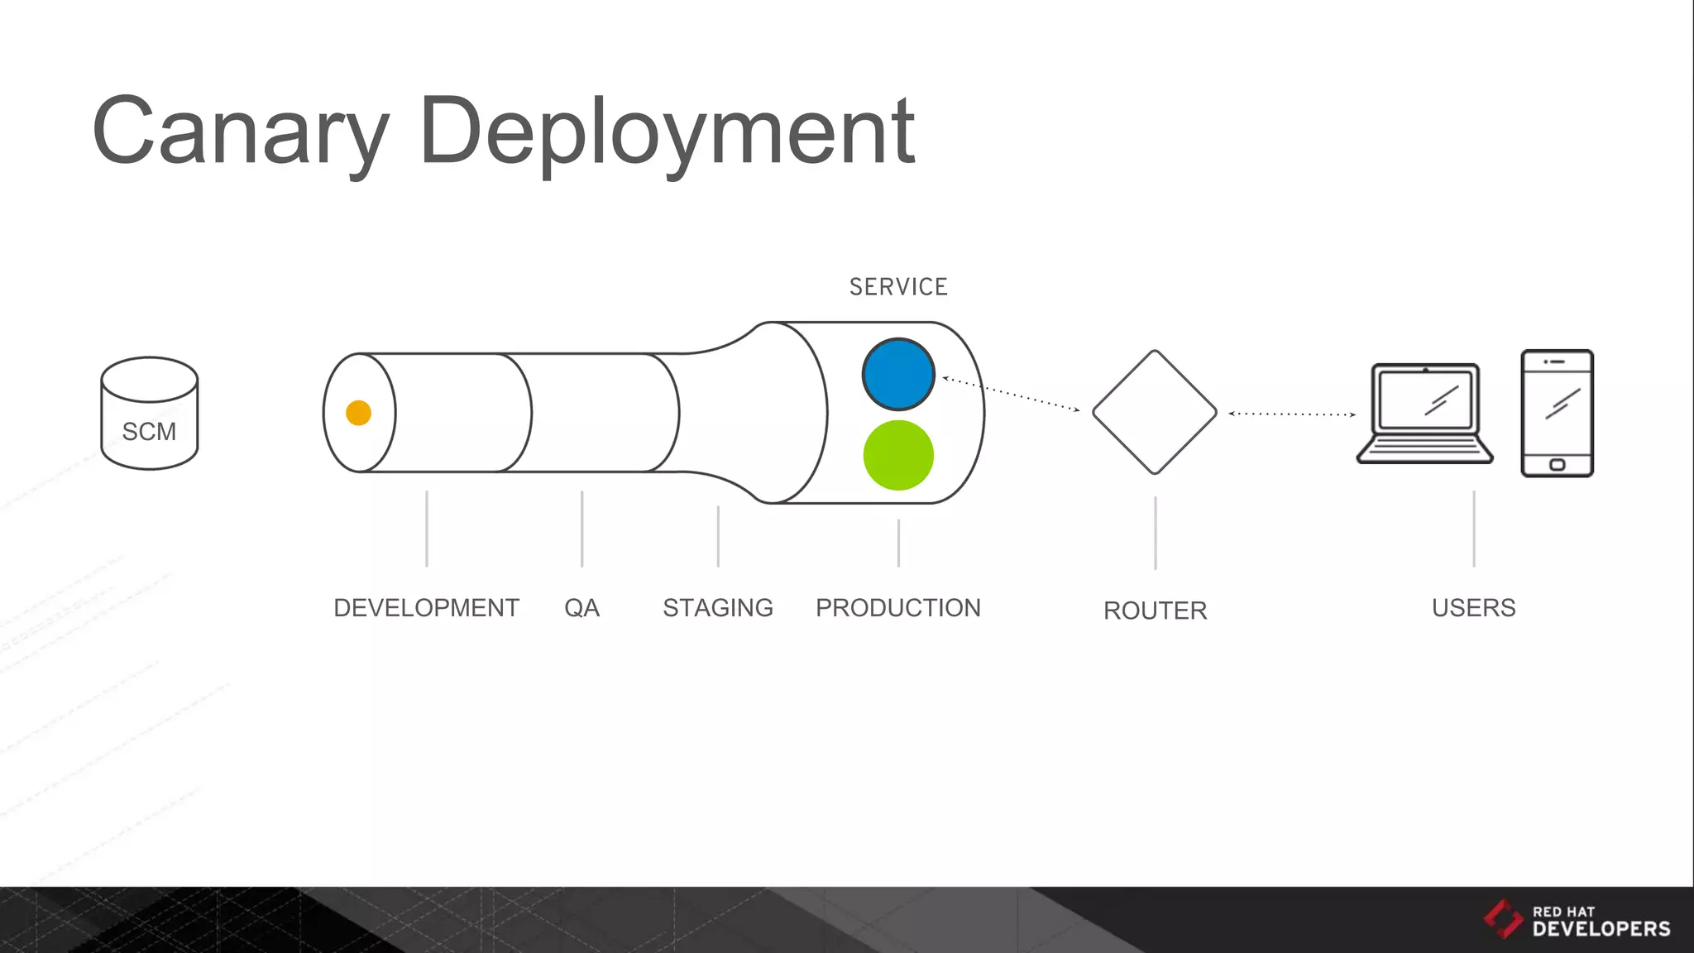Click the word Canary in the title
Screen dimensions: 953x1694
click(240, 132)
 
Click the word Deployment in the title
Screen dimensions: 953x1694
click(667, 132)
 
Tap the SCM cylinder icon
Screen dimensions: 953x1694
click(150, 414)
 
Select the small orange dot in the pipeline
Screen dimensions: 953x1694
click(358, 413)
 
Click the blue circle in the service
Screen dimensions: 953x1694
click(898, 374)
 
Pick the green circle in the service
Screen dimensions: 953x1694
click(898, 455)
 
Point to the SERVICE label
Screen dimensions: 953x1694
click(898, 287)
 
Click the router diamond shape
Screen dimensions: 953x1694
click(1155, 412)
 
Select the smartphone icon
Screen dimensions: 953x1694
click(1557, 413)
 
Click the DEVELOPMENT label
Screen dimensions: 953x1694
click(426, 608)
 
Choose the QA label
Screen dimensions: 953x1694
click(581, 608)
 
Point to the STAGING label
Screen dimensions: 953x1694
click(718, 608)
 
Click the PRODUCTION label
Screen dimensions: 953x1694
click(898, 608)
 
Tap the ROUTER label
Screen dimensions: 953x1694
click(1155, 611)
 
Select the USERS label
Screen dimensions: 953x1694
click(1473, 608)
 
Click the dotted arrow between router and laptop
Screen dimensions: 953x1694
click(1292, 414)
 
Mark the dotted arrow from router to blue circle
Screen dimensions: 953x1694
click(1011, 394)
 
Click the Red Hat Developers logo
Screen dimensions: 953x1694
click(1577, 920)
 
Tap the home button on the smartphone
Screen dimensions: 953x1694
click(1557, 464)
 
